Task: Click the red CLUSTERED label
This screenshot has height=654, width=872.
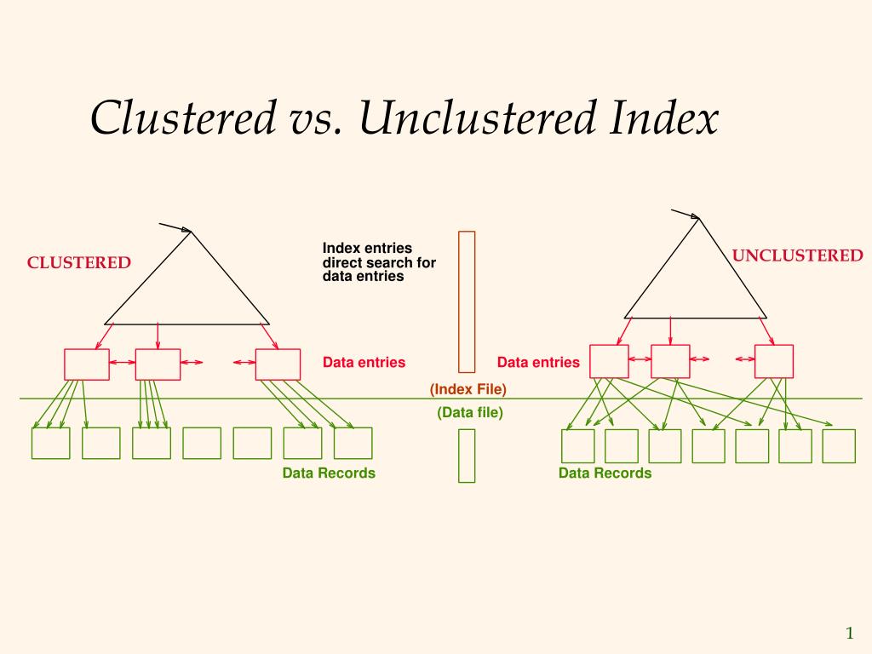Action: coord(79,263)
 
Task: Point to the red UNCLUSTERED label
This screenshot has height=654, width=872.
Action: coord(797,256)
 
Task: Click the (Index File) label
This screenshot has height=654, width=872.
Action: coord(468,389)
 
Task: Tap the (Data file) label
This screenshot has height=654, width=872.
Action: coord(469,413)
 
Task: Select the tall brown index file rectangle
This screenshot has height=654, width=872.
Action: coord(467,301)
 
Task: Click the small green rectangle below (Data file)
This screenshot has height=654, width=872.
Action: coord(467,456)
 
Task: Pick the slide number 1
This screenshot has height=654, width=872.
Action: coord(849,632)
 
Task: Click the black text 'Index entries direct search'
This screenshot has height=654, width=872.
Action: coord(378,262)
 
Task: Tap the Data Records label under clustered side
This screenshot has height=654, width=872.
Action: coord(329,473)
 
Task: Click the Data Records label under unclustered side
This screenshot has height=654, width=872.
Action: coord(605,473)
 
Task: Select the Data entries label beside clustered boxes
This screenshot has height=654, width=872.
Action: coord(364,363)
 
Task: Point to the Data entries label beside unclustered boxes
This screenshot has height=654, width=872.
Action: coord(538,363)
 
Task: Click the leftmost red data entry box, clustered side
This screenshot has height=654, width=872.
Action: coord(87,364)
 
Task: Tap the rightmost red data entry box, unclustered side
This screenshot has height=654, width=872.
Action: coord(774,361)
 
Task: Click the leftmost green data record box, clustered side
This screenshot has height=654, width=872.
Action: coord(51,443)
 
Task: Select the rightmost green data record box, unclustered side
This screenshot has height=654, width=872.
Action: coord(839,446)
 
